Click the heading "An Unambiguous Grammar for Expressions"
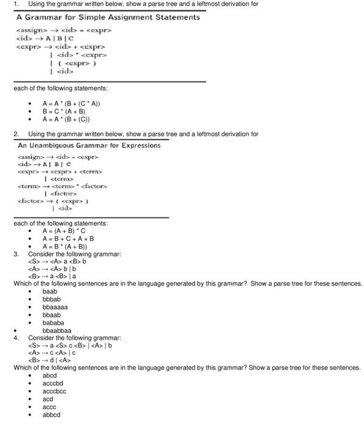89,145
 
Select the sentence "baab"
50,292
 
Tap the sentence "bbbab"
51,299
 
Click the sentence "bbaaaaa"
55,307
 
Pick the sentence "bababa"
53,323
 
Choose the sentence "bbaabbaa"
57,330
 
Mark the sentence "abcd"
49,375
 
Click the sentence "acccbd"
52,383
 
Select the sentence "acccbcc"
54,391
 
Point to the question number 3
16,254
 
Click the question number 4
16,337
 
